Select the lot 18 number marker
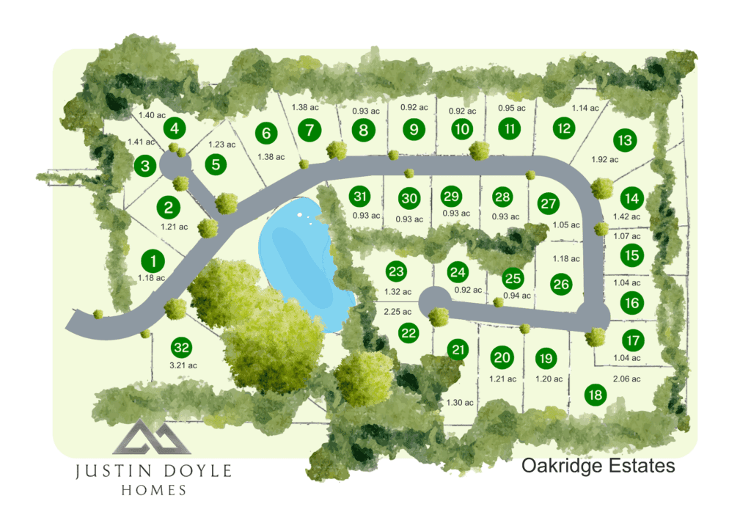(596, 395)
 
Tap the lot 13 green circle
(625, 139)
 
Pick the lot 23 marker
(396, 272)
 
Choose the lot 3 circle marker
(145, 166)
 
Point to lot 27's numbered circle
(548, 203)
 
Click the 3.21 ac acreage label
(183, 365)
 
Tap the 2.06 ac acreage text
(626, 379)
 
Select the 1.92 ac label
(605, 159)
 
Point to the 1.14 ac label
(585, 108)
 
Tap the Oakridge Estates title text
(598, 466)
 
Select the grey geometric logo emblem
(152, 438)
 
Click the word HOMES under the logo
(153, 490)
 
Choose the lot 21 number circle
(459, 350)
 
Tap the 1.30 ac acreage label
(460, 403)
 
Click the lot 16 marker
(633, 302)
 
